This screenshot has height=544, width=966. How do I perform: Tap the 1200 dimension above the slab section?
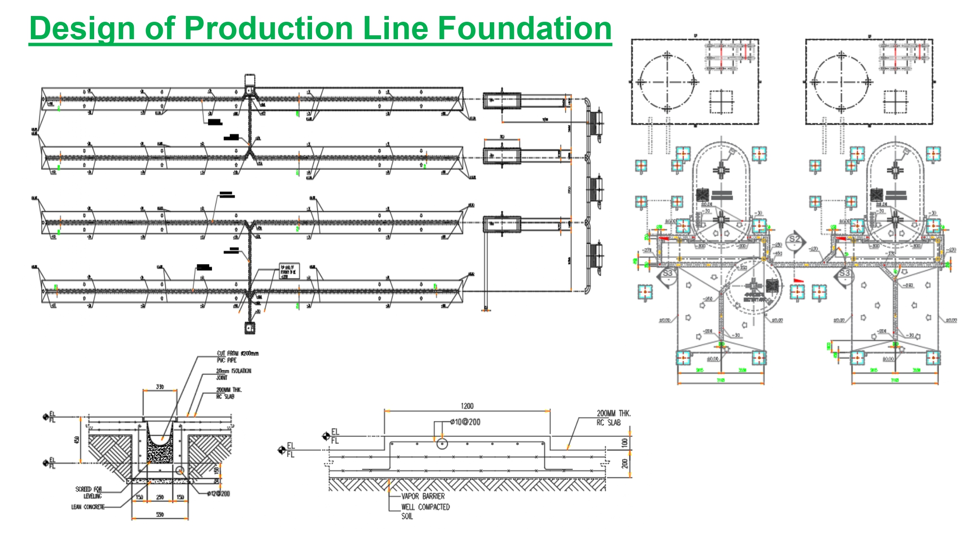pos(467,406)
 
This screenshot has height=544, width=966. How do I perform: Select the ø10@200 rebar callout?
pos(465,422)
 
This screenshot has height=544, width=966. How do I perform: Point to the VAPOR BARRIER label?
pos(423,496)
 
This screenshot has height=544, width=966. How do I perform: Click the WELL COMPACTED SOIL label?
pos(425,511)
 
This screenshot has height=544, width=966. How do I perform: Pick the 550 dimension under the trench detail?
pos(160,515)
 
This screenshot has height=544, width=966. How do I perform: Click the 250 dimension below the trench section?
pos(160,497)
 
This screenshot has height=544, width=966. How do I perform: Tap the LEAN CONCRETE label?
pos(88,507)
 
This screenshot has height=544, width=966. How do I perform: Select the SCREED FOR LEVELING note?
pos(89,492)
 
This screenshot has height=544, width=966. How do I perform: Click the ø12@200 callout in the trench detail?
pos(218,494)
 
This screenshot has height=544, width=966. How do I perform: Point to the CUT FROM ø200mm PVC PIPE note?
pos(237,356)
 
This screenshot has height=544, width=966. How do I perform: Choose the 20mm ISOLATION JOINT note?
pos(233,374)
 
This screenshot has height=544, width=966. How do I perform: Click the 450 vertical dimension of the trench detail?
pos(76,440)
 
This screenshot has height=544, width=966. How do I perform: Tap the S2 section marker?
pos(795,239)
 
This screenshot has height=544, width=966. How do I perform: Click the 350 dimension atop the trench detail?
pos(160,387)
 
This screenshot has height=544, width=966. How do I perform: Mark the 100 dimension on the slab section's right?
pos(625,442)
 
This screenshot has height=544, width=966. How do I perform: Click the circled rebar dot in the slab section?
pos(442,443)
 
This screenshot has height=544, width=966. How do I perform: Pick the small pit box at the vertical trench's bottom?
pos(249,328)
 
